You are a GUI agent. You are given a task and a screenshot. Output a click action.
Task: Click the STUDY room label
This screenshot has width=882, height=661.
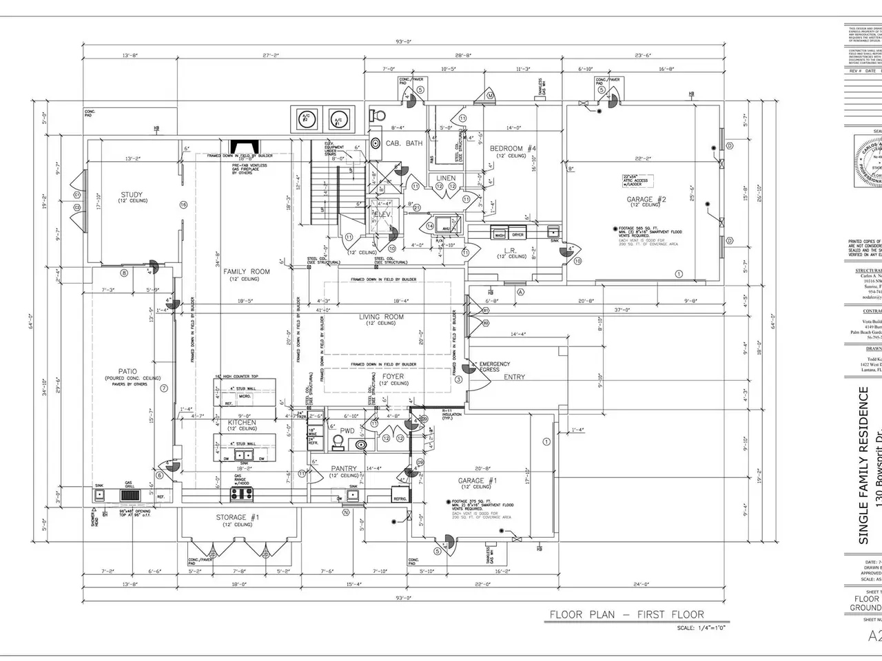tap(131, 195)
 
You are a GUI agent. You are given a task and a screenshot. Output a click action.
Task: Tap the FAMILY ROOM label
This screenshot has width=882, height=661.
tap(246, 272)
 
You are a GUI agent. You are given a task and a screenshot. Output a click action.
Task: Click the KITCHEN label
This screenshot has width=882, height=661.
tap(242, 422)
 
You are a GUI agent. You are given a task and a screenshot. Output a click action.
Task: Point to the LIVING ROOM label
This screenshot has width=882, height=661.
tap(381, 317)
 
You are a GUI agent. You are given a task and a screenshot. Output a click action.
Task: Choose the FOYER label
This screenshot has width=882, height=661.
tap(393, 377)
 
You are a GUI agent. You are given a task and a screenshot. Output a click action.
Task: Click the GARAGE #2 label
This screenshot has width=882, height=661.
tap(641, 200)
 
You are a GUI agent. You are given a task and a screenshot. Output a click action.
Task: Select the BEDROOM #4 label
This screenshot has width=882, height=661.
tap(513, 149)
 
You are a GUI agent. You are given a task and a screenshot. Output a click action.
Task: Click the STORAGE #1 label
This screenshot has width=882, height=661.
tap(237, 517)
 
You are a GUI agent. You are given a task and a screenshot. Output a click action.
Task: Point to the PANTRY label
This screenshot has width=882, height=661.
tap(344, 469)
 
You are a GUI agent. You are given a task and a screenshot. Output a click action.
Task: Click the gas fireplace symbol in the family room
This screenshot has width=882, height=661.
tap(245, 147)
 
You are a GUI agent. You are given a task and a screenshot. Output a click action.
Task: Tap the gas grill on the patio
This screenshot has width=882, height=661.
tap(129, 495)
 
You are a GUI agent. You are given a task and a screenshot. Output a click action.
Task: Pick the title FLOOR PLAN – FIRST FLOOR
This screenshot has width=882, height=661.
tap(626, 614)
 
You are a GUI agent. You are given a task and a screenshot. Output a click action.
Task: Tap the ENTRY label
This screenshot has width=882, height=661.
tap(514, 377)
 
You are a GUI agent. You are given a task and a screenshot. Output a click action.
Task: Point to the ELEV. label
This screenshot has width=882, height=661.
tap(382, 214)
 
